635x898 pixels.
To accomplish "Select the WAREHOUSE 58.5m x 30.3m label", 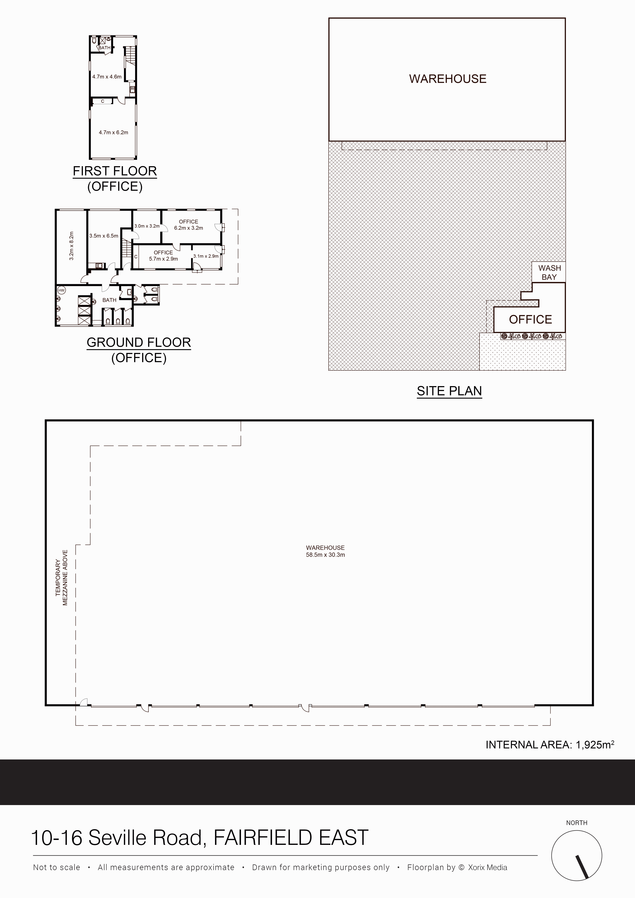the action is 325,551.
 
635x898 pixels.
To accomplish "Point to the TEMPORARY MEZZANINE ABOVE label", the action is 61,578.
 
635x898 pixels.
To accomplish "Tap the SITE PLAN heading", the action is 449,391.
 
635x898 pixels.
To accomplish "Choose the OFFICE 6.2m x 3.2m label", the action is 189,225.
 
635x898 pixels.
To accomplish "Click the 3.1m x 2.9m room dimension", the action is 206,256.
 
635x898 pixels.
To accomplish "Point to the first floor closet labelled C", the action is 103,101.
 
